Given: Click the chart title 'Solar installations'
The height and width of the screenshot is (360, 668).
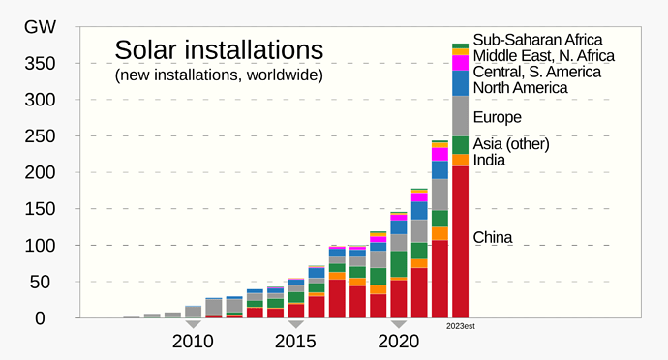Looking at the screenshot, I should pos(218,50).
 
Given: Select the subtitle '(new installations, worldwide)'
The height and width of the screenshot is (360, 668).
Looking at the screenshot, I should pos(219,75).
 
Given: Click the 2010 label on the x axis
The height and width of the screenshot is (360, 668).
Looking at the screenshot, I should pos(194,342).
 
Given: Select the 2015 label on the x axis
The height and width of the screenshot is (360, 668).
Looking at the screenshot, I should pos(295,342).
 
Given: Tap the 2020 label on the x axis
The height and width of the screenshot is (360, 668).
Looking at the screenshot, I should pos(398,342).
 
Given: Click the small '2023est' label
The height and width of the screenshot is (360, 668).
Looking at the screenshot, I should pos(461,326).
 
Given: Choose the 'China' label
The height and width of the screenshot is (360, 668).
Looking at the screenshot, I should pos(493,237).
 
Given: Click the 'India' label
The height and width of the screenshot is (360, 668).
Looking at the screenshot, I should pos(489,160).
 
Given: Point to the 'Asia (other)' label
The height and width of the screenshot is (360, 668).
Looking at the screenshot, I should pos(511,144).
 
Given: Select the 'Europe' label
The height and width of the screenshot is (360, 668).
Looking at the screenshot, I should pos(498,117).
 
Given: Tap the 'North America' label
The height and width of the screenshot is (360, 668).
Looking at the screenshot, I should pos(520,88).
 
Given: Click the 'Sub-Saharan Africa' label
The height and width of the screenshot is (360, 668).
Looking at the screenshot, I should pos(537,40).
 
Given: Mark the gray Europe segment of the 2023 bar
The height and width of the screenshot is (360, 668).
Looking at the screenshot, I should pos(461,116).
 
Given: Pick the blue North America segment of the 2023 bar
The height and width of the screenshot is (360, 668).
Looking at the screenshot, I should pos(461,83).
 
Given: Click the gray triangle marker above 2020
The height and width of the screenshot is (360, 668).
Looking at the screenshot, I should pos(398,323).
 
